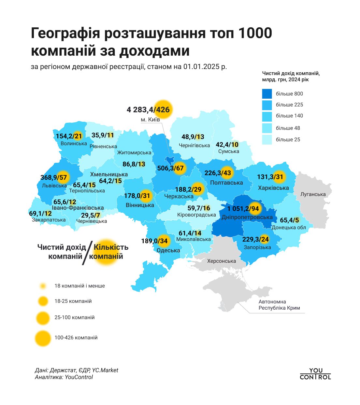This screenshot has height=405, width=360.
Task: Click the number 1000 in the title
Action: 255,33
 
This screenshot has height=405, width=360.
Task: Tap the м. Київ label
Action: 150,119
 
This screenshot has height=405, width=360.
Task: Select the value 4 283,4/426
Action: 148,109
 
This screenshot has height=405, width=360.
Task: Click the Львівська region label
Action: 54,186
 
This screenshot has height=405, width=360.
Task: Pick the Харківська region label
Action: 273,188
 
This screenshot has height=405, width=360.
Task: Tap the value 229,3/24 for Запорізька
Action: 255,239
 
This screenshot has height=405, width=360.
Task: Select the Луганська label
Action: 313,194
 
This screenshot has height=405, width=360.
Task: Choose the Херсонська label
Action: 222,261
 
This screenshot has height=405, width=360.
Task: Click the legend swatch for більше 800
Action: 267,94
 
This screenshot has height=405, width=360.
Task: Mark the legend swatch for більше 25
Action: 267,139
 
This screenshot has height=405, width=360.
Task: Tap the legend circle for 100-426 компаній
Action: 43,338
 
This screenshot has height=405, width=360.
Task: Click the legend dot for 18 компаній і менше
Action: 43,286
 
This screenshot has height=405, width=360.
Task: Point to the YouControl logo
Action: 315,374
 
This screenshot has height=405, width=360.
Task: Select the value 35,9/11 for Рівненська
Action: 103,135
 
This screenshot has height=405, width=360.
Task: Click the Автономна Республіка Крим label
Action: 279,305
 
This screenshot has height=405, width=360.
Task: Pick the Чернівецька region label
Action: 92,221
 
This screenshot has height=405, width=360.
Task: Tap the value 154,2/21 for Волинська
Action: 69,136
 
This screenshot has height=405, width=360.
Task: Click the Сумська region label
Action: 229,151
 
